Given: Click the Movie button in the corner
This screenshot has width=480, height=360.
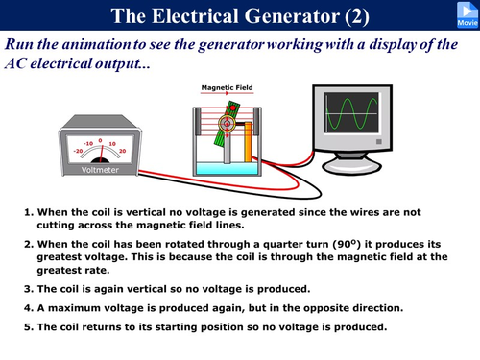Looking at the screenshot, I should coord(464,14).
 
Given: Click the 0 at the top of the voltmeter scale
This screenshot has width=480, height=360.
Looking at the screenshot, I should coord(100,139).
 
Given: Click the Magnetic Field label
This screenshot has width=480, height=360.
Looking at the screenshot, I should coord(228,87).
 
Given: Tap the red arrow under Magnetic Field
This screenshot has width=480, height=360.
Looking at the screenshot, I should coord(228,95).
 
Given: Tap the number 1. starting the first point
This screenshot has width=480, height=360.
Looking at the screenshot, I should coord(29,210).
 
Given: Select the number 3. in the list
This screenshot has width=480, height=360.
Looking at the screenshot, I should coord(29,288).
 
